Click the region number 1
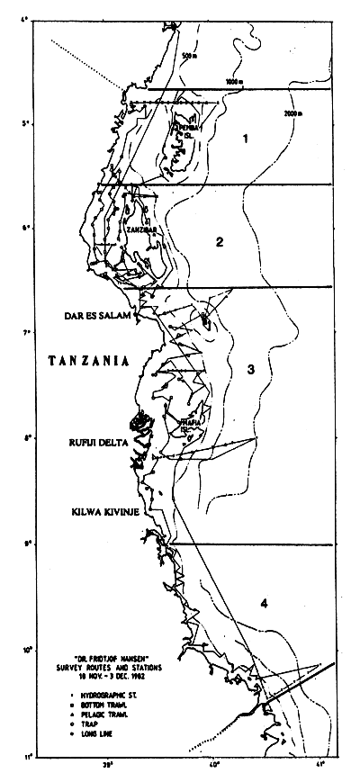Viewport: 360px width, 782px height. click(x=242, y=139)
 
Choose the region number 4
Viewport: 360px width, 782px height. click(x=263, y=603)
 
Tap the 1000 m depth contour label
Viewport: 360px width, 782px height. click(x=234, y=83)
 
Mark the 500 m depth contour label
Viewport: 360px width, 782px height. click(x=187, y=58)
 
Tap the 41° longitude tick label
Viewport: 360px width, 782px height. click(x=321, y=764)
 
